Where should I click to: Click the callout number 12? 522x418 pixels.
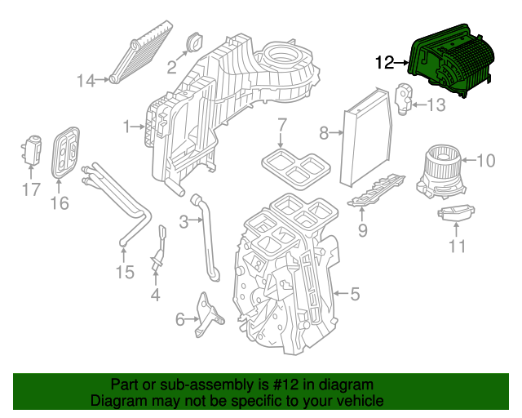point(385,61)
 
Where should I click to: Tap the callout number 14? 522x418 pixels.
point(86,80)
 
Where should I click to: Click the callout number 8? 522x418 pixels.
point(324,132)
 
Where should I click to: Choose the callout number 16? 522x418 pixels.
point(60,203)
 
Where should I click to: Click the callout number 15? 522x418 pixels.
point(124,272)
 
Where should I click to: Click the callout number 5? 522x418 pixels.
point(355,292)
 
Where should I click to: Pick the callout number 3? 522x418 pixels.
point(184,220)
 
